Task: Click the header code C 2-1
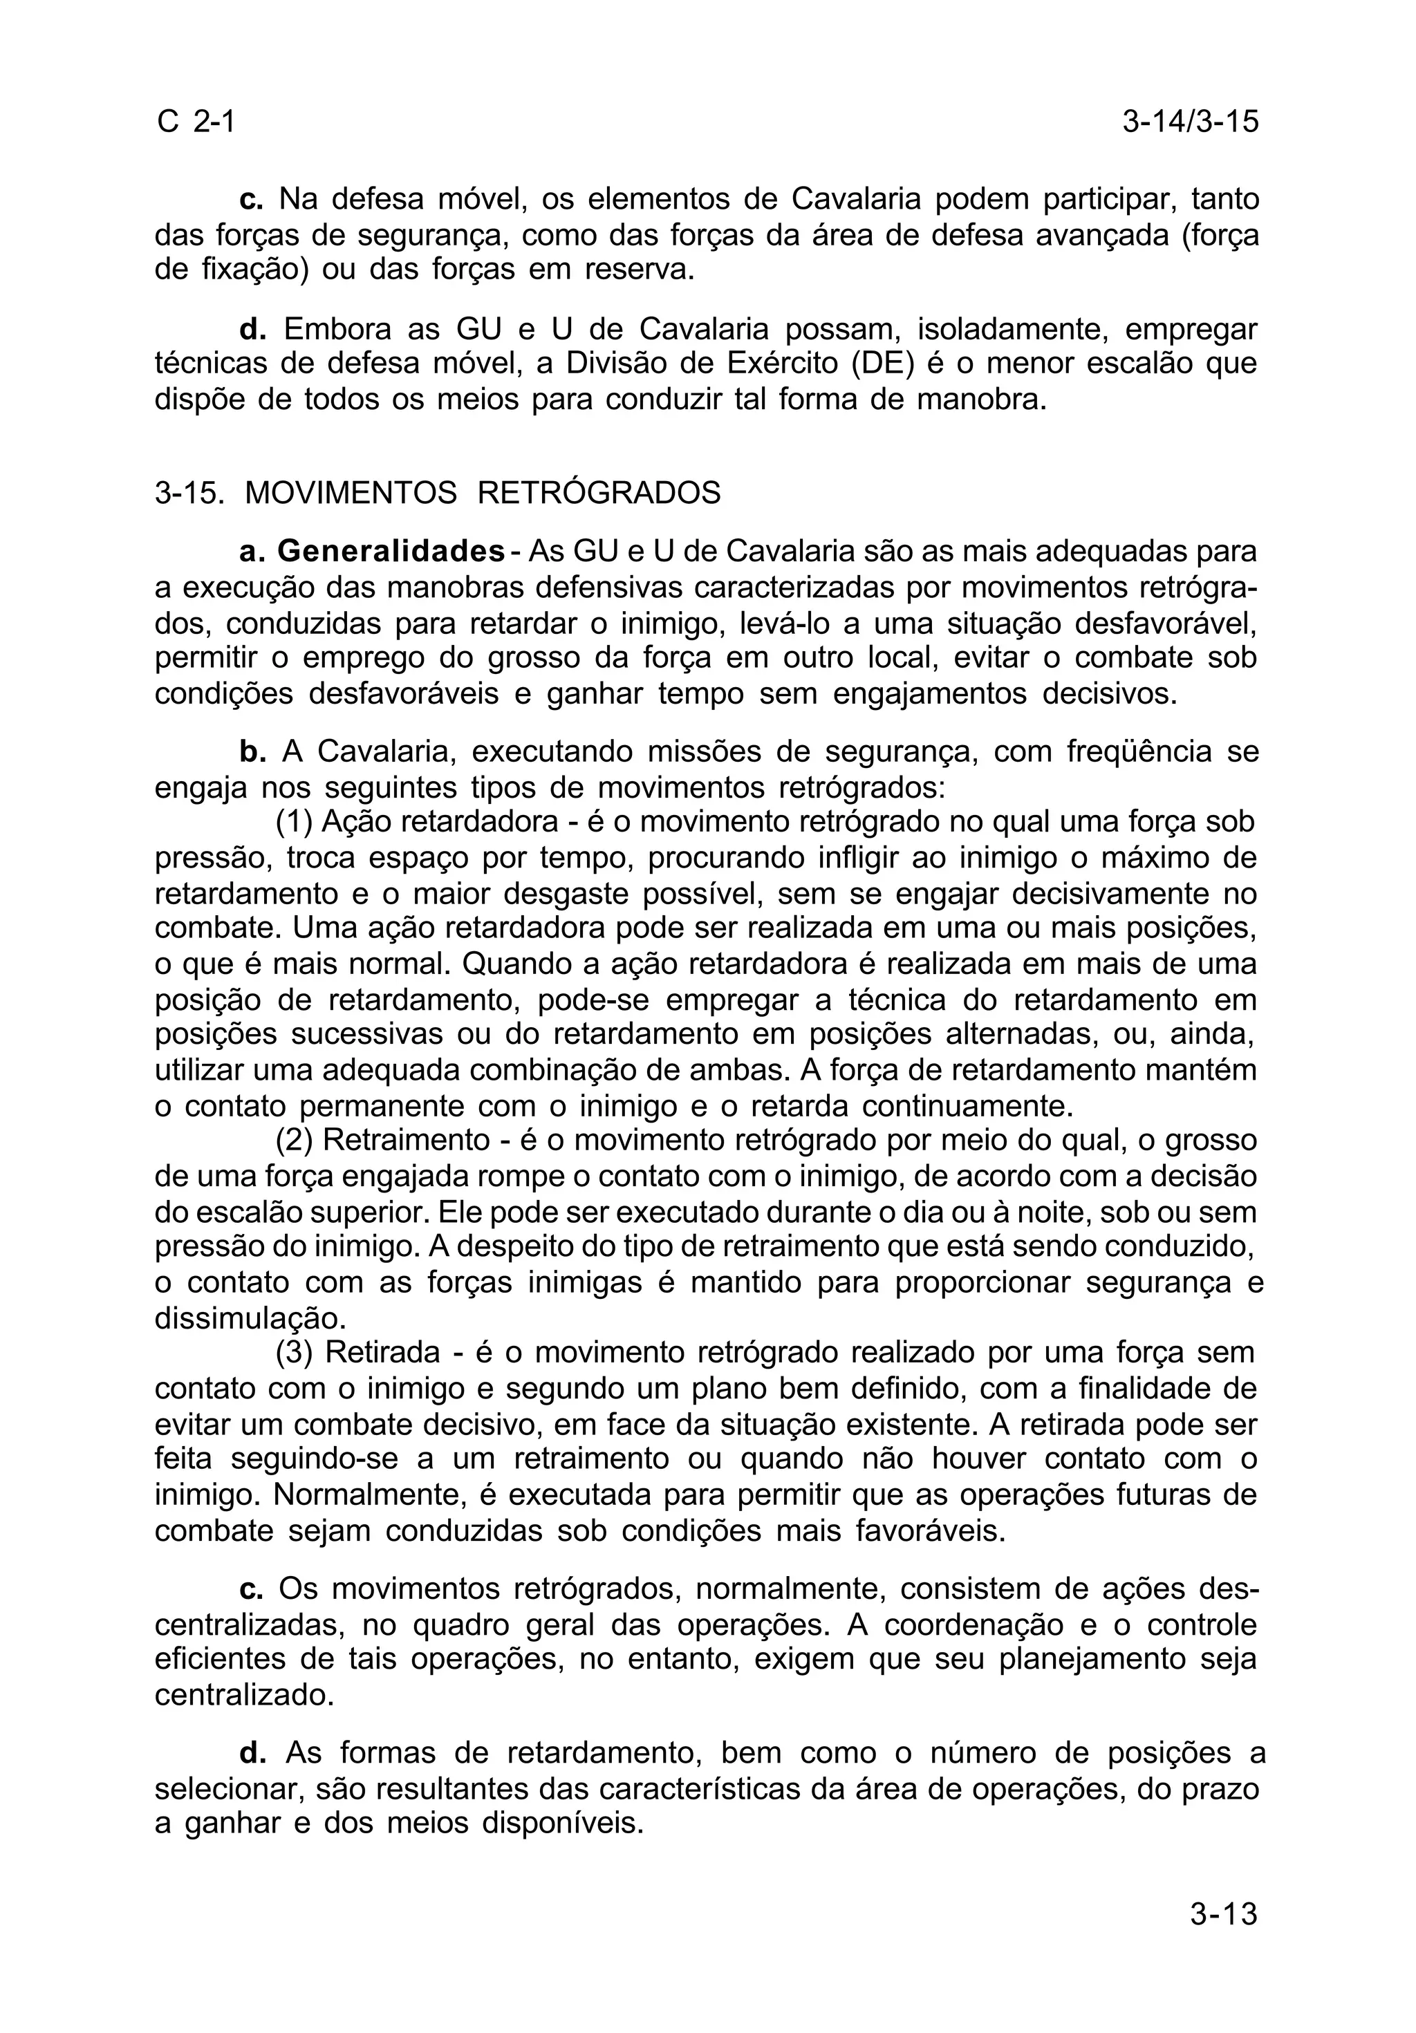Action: (x=196, y=121)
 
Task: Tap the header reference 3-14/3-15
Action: (x=1189, y=121)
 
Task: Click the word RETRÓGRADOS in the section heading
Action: (x=599, y=493)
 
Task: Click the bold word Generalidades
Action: (x=391, y=552)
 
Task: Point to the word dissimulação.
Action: (x=249, y=1318)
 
